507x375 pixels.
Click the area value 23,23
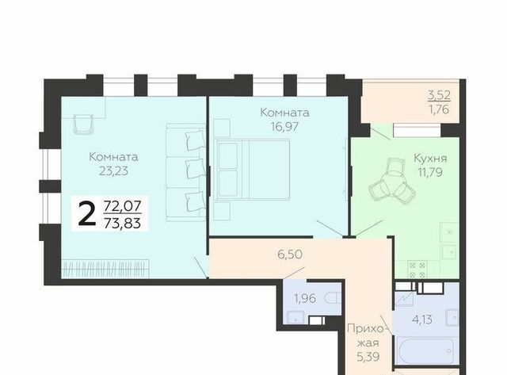(x=113, y=171)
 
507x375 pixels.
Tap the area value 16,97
(x=284, y=127)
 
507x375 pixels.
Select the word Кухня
(x=430, y=159)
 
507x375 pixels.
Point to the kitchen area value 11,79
(x=430, y=173)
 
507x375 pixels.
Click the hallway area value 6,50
(x=290, y=254)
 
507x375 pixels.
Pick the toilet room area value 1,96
(x=305, y=298)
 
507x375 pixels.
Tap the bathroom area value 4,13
(x=422, y=320)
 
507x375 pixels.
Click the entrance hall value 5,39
(x=368, y=357)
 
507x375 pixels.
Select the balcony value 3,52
(x=439, y=95)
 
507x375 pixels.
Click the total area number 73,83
(x=122, y=224)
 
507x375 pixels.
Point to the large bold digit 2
(x=87, y=213)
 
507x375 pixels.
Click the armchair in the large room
(x=83, y=124)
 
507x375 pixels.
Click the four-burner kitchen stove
(x=417, y=270)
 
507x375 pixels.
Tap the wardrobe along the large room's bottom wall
(x=105, y=269)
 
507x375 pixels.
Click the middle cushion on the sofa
(x=196, y=167)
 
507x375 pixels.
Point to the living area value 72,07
(x=122, y=206)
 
